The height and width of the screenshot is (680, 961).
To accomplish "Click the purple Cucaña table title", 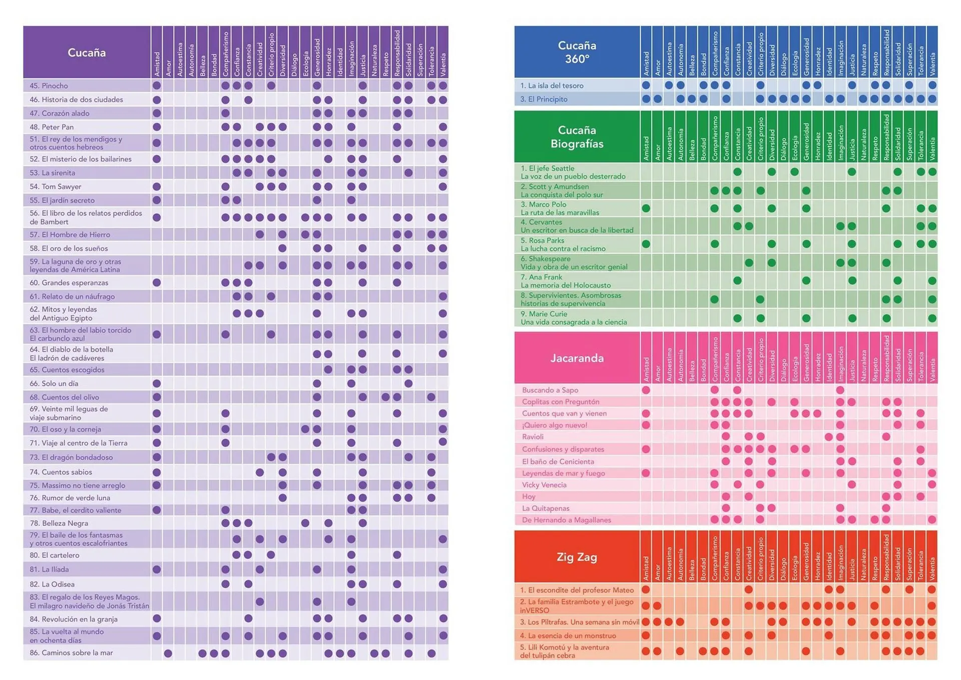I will pyautogui.click(x=87, y=53).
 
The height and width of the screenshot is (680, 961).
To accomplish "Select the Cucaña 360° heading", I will pyautogui.click(x=577, y=52).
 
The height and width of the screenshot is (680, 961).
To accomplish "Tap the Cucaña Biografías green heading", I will pyautogui.click(x=577, y=137).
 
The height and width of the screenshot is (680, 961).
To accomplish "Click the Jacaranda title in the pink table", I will pyautogui.click(x=577, y=358).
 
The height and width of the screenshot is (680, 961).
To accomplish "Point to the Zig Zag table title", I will pyautogui.click(x=577, y=557).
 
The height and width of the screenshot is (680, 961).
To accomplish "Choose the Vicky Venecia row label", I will pyautogui.click(x=544, y=485).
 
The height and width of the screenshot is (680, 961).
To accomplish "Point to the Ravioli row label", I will pyautogui.click(x=533, y=437).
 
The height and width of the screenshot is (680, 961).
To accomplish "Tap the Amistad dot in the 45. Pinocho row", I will pyautogui.click(x=157, y=86).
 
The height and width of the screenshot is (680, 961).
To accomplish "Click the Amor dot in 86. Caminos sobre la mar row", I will pyautogui.click(x=168, y=653).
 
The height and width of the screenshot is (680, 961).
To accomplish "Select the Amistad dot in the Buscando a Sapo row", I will pyautogui.click(x=646, y=390).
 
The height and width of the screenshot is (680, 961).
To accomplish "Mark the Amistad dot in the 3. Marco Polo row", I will pyautogui.click(x=646, y=208).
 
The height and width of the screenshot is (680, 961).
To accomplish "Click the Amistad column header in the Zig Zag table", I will pyautogui.click(x=646, y=568).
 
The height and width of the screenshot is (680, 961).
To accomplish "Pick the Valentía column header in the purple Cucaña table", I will pyautogui.click(x=443, y=65).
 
